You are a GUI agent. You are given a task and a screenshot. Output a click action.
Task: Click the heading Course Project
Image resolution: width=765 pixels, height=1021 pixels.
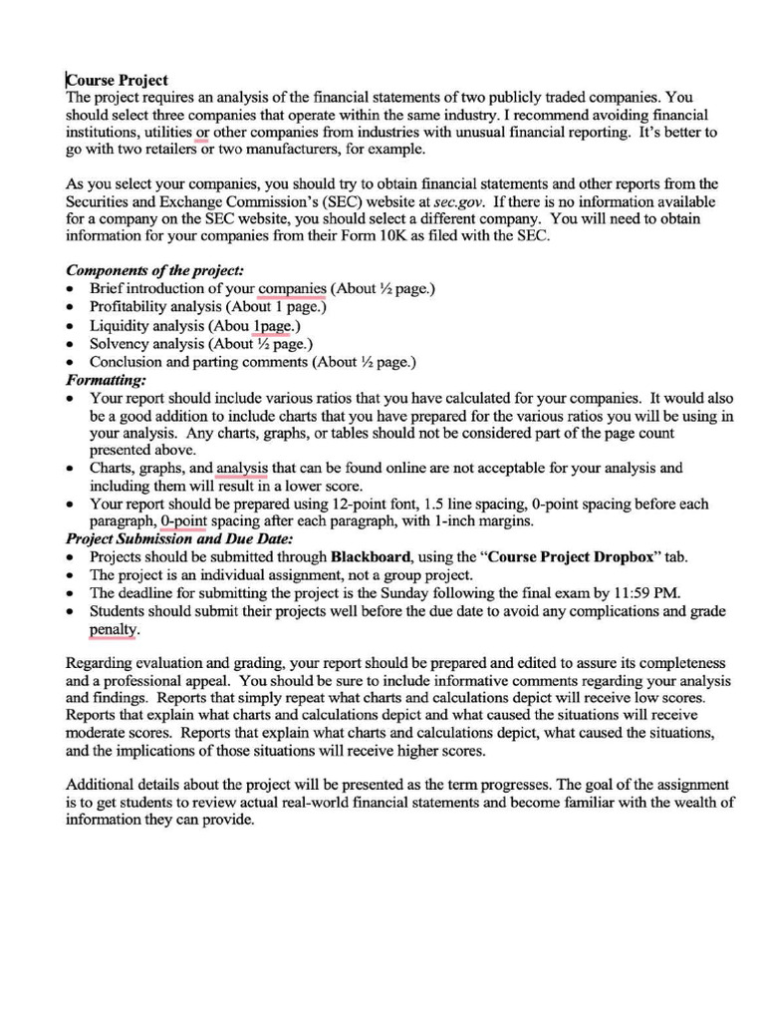click(x=118, y=80)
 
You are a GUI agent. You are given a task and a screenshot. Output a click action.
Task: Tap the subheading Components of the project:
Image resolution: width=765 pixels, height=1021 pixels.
click(x=154, y=270)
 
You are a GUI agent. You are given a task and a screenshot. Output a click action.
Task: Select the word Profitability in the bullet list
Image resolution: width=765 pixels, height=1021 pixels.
click(x=128, y=307)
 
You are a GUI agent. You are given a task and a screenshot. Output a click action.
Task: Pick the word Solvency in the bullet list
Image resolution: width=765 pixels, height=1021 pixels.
click(x=122, y=344)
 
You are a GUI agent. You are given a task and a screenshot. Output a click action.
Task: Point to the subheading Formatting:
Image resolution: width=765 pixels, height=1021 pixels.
click(x=106, y=380)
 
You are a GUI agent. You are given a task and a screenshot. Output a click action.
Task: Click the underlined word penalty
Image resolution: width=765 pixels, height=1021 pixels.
click(x=114, y=630)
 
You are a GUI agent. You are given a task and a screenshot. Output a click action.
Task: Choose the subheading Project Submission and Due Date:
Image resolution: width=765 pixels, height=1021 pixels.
click(x=178, y=538)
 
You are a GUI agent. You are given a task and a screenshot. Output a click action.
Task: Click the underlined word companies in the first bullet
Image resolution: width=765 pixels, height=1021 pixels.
click(x=293, y=288)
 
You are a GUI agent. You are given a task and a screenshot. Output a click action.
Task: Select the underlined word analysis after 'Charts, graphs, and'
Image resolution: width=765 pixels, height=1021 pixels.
click(x=242, y=468)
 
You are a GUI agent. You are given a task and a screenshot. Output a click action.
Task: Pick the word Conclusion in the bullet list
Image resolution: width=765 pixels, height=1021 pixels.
click(x=127, y=362)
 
